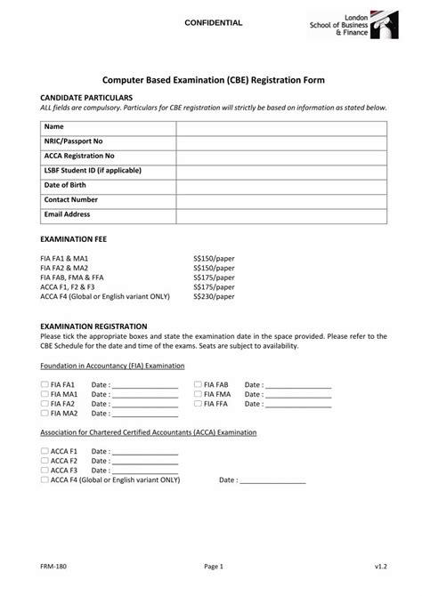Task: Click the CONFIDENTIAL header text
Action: tap(213, 21)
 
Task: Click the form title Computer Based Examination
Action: tap(212, 80)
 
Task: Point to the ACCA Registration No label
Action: tap(79, 156)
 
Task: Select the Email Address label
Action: tap(67, 214)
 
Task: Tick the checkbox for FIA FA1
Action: tap(45, 384)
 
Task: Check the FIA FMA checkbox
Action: tap(198, 394)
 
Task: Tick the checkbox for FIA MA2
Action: tap(45, 414)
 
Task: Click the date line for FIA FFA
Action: tap(298, 405)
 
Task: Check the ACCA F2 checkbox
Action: tap(45, 461)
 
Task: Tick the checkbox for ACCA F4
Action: tap(45, 479)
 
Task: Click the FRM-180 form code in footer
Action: tap(51, 566)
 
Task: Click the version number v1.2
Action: tap(380, 566)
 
